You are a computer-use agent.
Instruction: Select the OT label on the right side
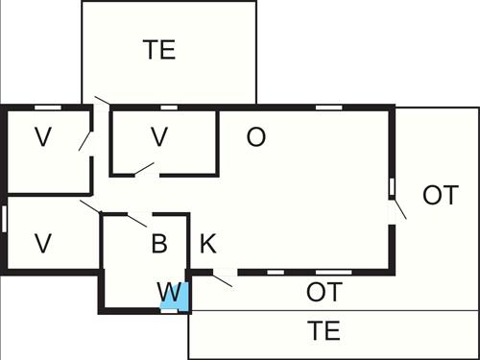[x=440, y=196]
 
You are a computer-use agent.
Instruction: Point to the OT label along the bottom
[x=324, y=291]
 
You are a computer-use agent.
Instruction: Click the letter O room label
[x=255, y=137]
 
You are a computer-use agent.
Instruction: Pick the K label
[x=207, y=243]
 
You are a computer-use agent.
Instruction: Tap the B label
[x=159, y=243]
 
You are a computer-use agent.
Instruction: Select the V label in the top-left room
[x=42, y=137]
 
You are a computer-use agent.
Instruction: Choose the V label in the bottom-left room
[x=42, y=243]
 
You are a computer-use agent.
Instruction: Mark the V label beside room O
[x=159, y=137]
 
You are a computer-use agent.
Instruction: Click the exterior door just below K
[x=222, y=279]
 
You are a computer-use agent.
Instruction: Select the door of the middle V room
[x=146, y=170]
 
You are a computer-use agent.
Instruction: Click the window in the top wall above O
[x=329, y=106]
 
